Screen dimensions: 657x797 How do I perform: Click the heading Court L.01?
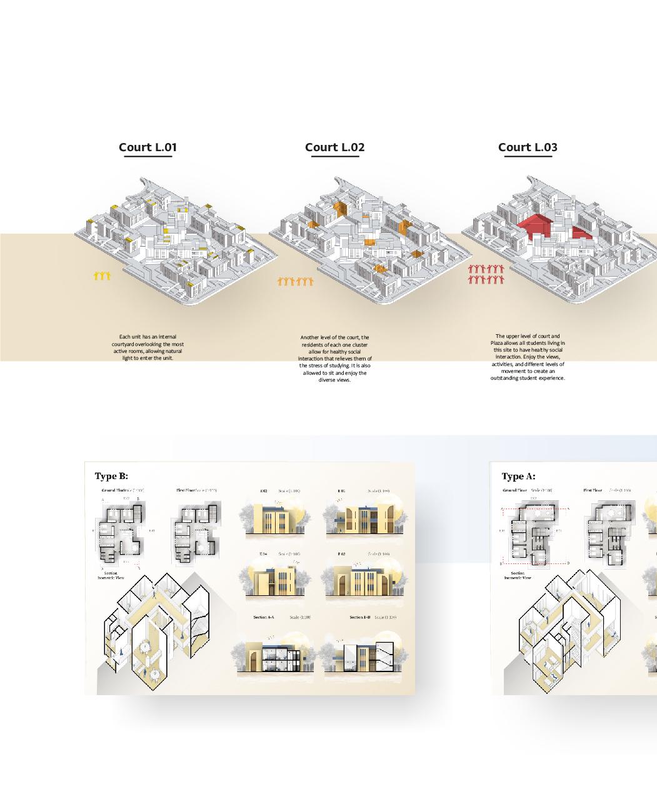tap(148, 147)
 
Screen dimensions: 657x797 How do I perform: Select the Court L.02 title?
tap(334, 147)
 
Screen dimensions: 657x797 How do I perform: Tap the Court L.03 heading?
tap(528, 147)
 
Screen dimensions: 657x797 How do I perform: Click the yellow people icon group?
tap(102, 275)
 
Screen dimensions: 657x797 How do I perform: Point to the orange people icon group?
tap(295, 282)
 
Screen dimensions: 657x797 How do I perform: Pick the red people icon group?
tap(486, 274)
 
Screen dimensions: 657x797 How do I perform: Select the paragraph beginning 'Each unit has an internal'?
tap(148, 347)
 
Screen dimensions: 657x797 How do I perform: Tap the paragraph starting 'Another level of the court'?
tap(335, 359)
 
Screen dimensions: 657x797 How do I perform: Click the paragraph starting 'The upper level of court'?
tap(528, 357)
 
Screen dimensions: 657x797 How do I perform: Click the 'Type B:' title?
tap(111, 477)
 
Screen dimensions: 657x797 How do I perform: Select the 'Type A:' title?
tap(518, 477)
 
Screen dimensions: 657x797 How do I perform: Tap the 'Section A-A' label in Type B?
tap(263, 617)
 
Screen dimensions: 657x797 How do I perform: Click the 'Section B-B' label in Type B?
tap(359, 617)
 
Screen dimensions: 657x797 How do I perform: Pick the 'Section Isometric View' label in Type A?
tap(518, 575)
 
